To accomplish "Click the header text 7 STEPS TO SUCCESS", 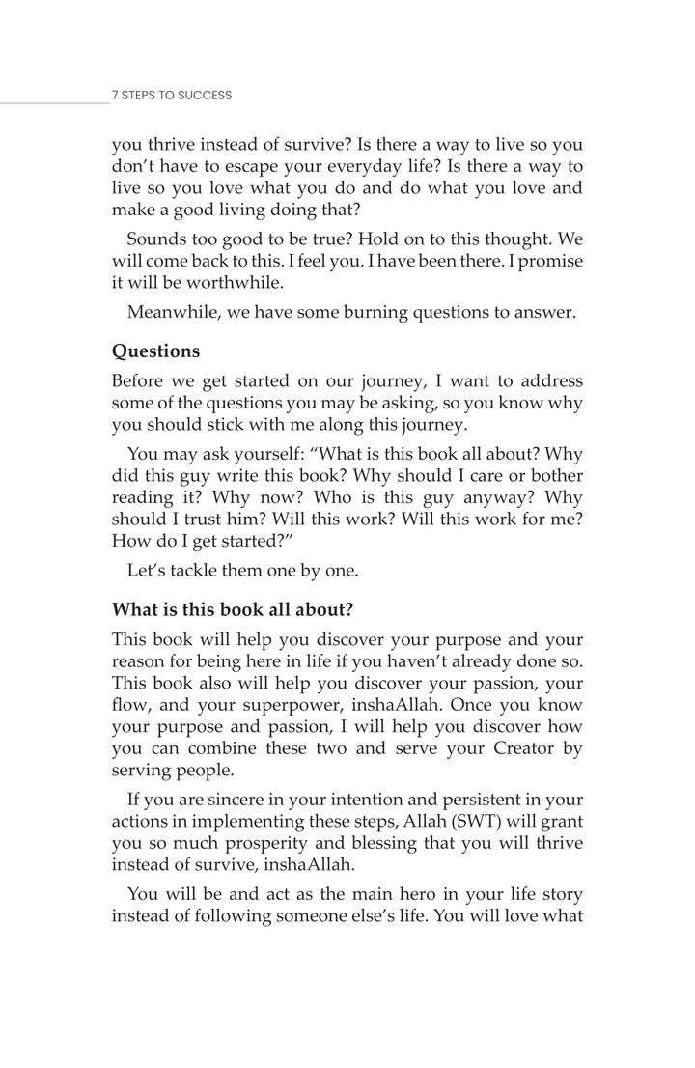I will click(172, 96).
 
